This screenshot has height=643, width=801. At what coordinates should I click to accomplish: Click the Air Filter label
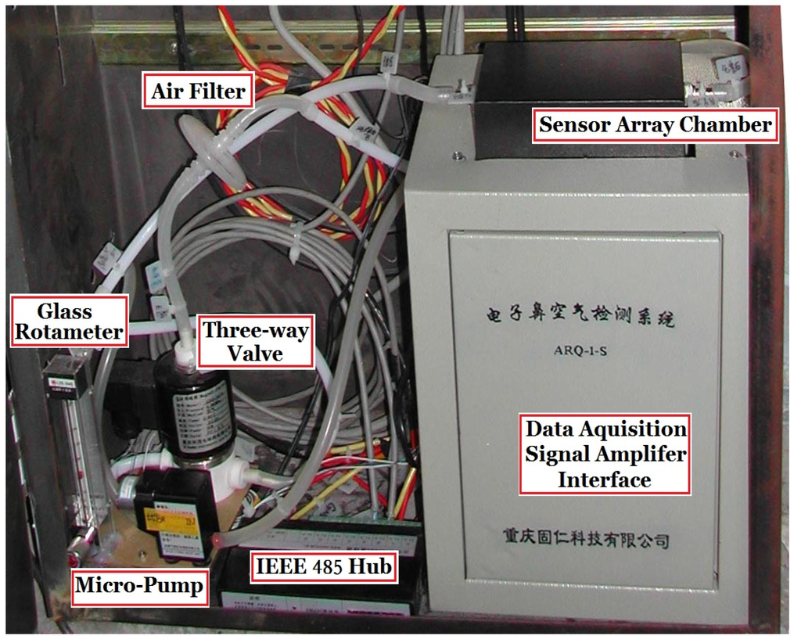pyautogui.click(x=198, y=92)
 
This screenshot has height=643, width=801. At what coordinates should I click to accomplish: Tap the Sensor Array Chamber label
pyautogui.click(x=655, y=124)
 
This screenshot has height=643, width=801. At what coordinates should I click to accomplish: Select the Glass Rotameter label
pyautogui.click(x=69, y=321)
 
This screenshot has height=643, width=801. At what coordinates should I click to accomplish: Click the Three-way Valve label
pyautogui.click(x=255, y=342)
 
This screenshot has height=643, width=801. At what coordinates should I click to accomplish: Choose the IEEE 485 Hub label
pyautogui.click(x=321, y=566)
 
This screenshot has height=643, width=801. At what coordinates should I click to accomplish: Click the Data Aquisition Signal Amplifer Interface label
pyautogui.click(x=605, y=454)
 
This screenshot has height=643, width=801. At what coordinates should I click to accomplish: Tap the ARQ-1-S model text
pyautogui.click(x=580, y=350)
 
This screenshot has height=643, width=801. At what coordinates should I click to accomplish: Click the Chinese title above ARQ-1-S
pyautogui.click(x=580, y=319)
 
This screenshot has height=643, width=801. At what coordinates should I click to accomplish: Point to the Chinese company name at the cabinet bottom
pyautogui.click(x=586, y=538)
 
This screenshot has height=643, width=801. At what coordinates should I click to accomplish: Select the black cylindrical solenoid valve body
pyautogui.click(x=192, y=407)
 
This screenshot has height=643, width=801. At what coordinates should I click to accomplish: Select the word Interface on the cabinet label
pyautogui.click(x=604, y=479)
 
